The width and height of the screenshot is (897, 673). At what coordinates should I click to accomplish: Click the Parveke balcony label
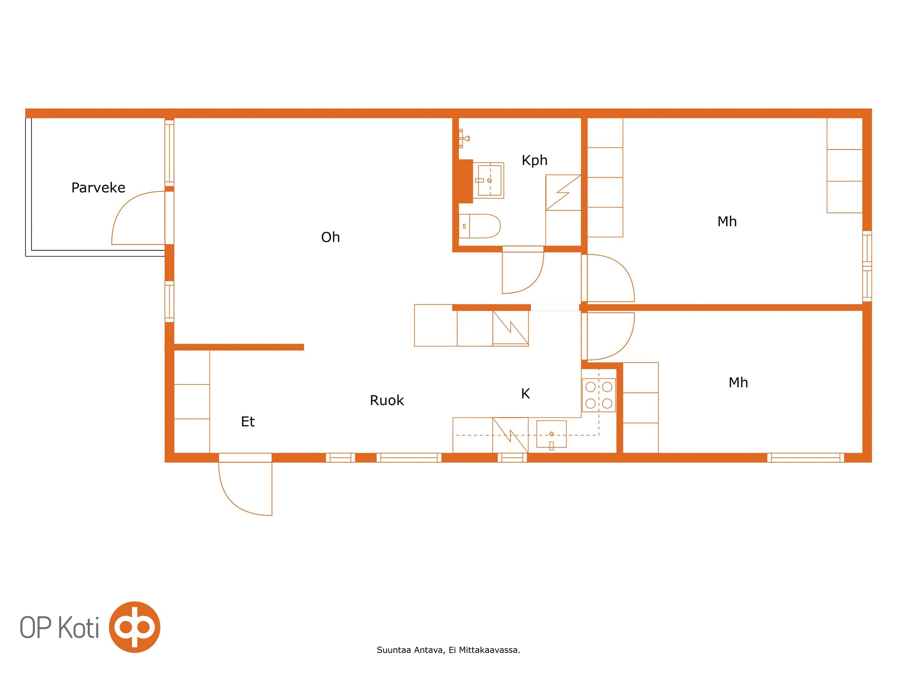(98, 188)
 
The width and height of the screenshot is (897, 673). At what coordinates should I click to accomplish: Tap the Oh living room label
(330, 237)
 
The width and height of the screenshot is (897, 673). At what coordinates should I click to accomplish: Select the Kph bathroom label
(534, 160)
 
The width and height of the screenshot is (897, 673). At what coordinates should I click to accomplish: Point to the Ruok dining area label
(386, 400)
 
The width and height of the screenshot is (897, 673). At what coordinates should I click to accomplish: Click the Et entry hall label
(248, 421)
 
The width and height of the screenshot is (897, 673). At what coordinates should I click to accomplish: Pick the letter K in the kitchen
(525, 393)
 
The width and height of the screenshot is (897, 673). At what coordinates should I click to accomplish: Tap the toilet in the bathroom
(479, 226)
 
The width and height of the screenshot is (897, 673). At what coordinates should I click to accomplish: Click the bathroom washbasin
(489, 180)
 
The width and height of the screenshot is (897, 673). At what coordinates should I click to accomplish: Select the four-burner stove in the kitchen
(599, 395)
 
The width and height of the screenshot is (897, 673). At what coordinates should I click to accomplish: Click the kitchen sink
(551, 434)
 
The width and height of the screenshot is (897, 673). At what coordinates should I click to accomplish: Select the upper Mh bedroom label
(727, 221)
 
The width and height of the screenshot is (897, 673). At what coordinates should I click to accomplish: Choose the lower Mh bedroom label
(738, 382)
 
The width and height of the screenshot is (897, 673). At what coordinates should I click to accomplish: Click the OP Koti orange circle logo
(135, 627)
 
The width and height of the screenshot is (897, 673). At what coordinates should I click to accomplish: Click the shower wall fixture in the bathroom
(464, 138)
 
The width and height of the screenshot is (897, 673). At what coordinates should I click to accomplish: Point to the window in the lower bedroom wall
(805, 458)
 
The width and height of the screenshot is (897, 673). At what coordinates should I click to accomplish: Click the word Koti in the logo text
(78, 627)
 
